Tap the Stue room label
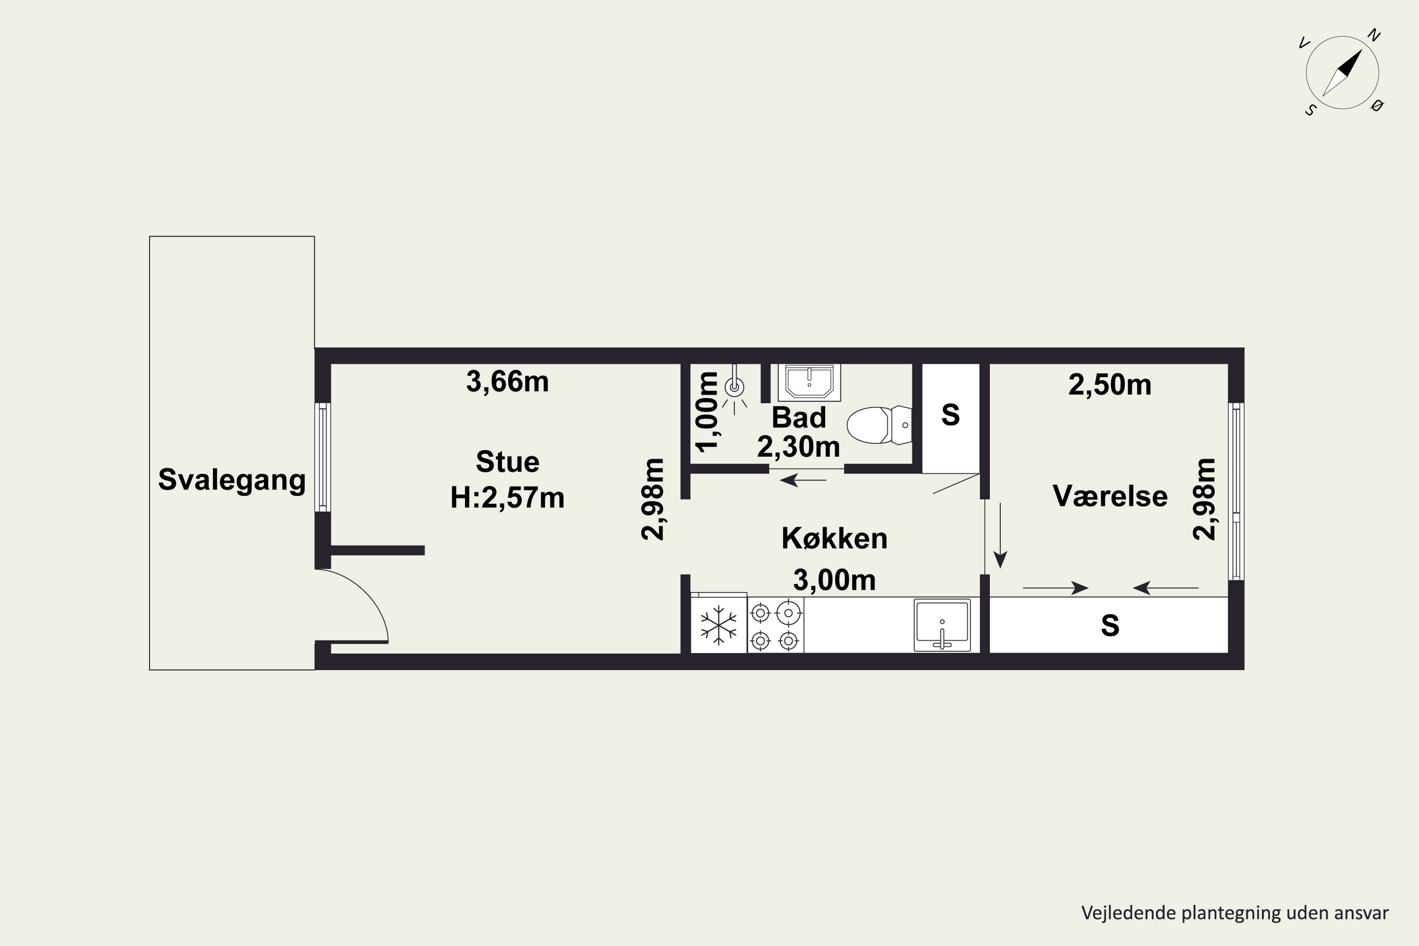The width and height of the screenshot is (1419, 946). pos(508,462)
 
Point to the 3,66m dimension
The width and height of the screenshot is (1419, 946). pos(508,382)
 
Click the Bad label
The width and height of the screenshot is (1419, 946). pos(799,418)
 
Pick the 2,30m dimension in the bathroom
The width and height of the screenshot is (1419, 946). pos(799,447)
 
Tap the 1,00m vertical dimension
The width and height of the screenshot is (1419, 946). pos(707,412)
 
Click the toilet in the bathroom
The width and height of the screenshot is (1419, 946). pos(879,425)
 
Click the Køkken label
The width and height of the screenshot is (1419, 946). pos(834,538)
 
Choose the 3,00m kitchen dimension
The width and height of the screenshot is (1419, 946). pos(834,580)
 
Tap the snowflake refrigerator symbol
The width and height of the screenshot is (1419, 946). pos(718,624)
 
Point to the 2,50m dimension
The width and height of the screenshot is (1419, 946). pos(1110,385)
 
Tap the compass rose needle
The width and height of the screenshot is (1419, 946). pos(1342,73)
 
